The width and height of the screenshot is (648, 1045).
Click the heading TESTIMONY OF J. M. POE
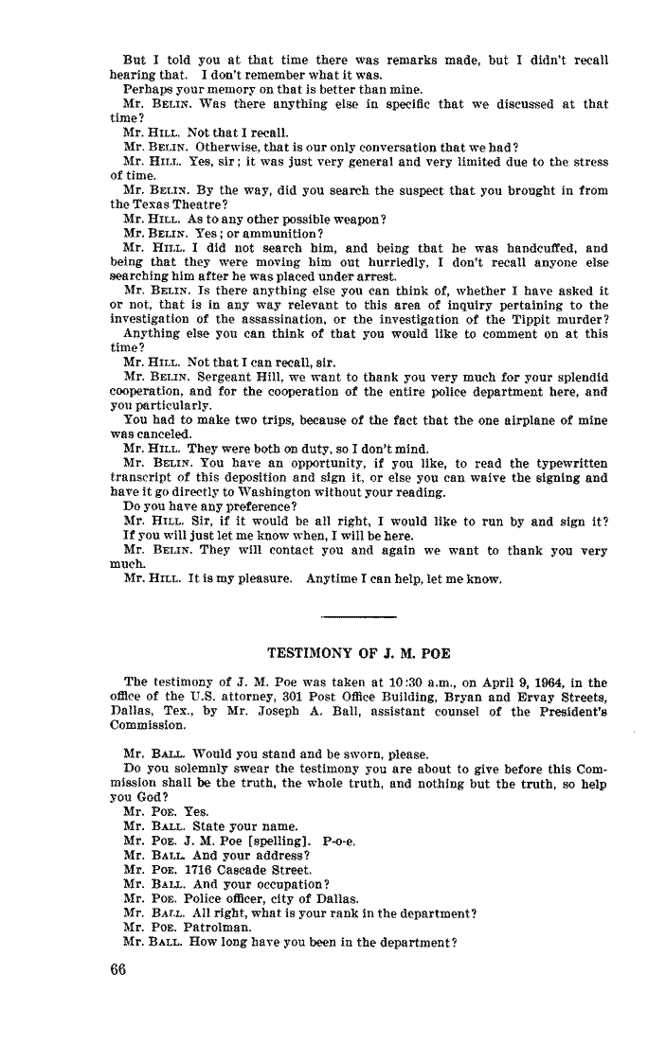coord(359,652)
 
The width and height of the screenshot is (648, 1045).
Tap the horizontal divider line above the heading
coord(359,617)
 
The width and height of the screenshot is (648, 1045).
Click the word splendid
coord(577,376)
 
